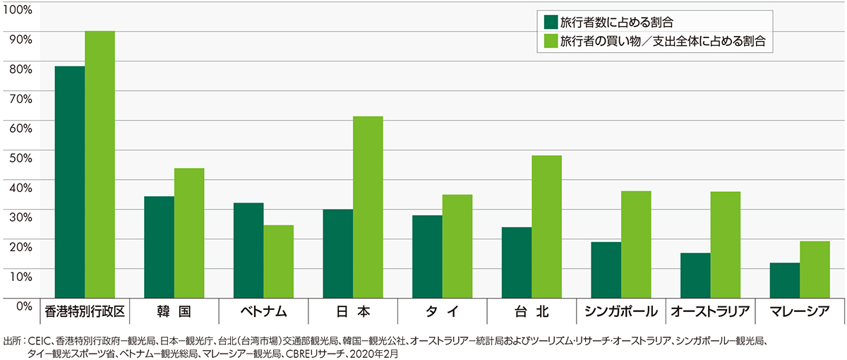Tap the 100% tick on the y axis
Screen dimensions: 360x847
[19, 10]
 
